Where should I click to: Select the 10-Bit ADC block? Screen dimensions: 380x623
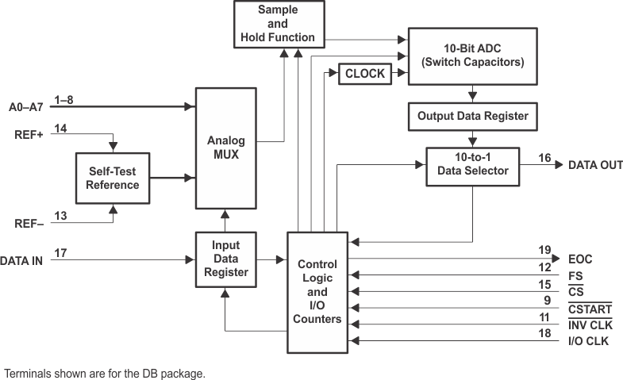point(473,56)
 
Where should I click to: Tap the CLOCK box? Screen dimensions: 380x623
point(365,74)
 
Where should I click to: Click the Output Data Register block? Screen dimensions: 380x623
point(472,116)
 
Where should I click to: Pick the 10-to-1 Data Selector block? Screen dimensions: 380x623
point(473,165)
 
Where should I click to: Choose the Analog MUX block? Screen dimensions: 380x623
point(227,148)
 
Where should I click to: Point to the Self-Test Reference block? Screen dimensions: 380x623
point(113,178)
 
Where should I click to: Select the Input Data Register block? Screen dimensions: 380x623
point(227,259)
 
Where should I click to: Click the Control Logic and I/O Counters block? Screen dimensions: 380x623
point(317,291)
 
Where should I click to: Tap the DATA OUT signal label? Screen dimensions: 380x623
point(595,165)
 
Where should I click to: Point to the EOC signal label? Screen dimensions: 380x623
point(580,259)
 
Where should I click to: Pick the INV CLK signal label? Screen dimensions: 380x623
point(590,326)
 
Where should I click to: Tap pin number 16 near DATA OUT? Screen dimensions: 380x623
point(544,158)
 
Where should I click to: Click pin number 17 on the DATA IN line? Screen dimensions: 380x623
point(60,252)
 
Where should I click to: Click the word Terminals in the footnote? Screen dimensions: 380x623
point(27,372)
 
